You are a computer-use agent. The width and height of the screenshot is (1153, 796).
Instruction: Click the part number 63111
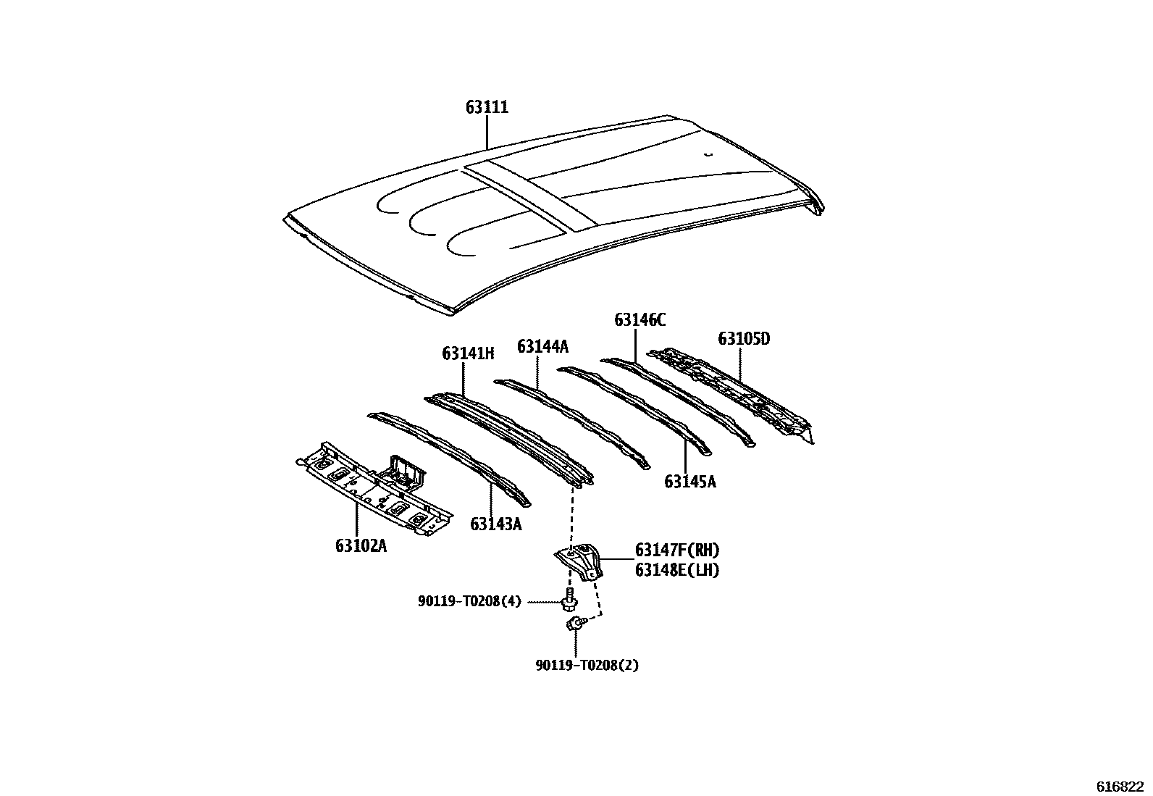487,108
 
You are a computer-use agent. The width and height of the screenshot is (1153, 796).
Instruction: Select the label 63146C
640,319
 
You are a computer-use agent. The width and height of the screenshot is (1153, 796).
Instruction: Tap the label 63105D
744,338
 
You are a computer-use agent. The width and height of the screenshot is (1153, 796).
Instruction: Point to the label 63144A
542,346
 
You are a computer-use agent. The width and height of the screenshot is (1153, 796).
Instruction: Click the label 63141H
468,353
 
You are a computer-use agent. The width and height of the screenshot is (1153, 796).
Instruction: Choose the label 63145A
689,481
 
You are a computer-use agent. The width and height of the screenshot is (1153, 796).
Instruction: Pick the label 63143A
495,524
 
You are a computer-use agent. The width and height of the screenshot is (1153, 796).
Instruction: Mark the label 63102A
361,545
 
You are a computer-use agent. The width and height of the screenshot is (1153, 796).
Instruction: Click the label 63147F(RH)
677,550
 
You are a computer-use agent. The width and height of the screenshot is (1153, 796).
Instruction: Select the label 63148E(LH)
677,570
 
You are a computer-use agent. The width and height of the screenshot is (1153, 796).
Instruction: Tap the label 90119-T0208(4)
469,601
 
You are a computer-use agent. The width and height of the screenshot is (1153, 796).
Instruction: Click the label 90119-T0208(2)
587,665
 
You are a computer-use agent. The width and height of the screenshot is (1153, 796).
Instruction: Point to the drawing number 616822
1119,786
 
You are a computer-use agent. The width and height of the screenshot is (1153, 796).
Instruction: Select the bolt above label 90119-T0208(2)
574,623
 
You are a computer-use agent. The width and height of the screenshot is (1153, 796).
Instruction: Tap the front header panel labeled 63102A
373,489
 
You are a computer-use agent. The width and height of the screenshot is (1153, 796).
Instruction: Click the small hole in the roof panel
709,154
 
